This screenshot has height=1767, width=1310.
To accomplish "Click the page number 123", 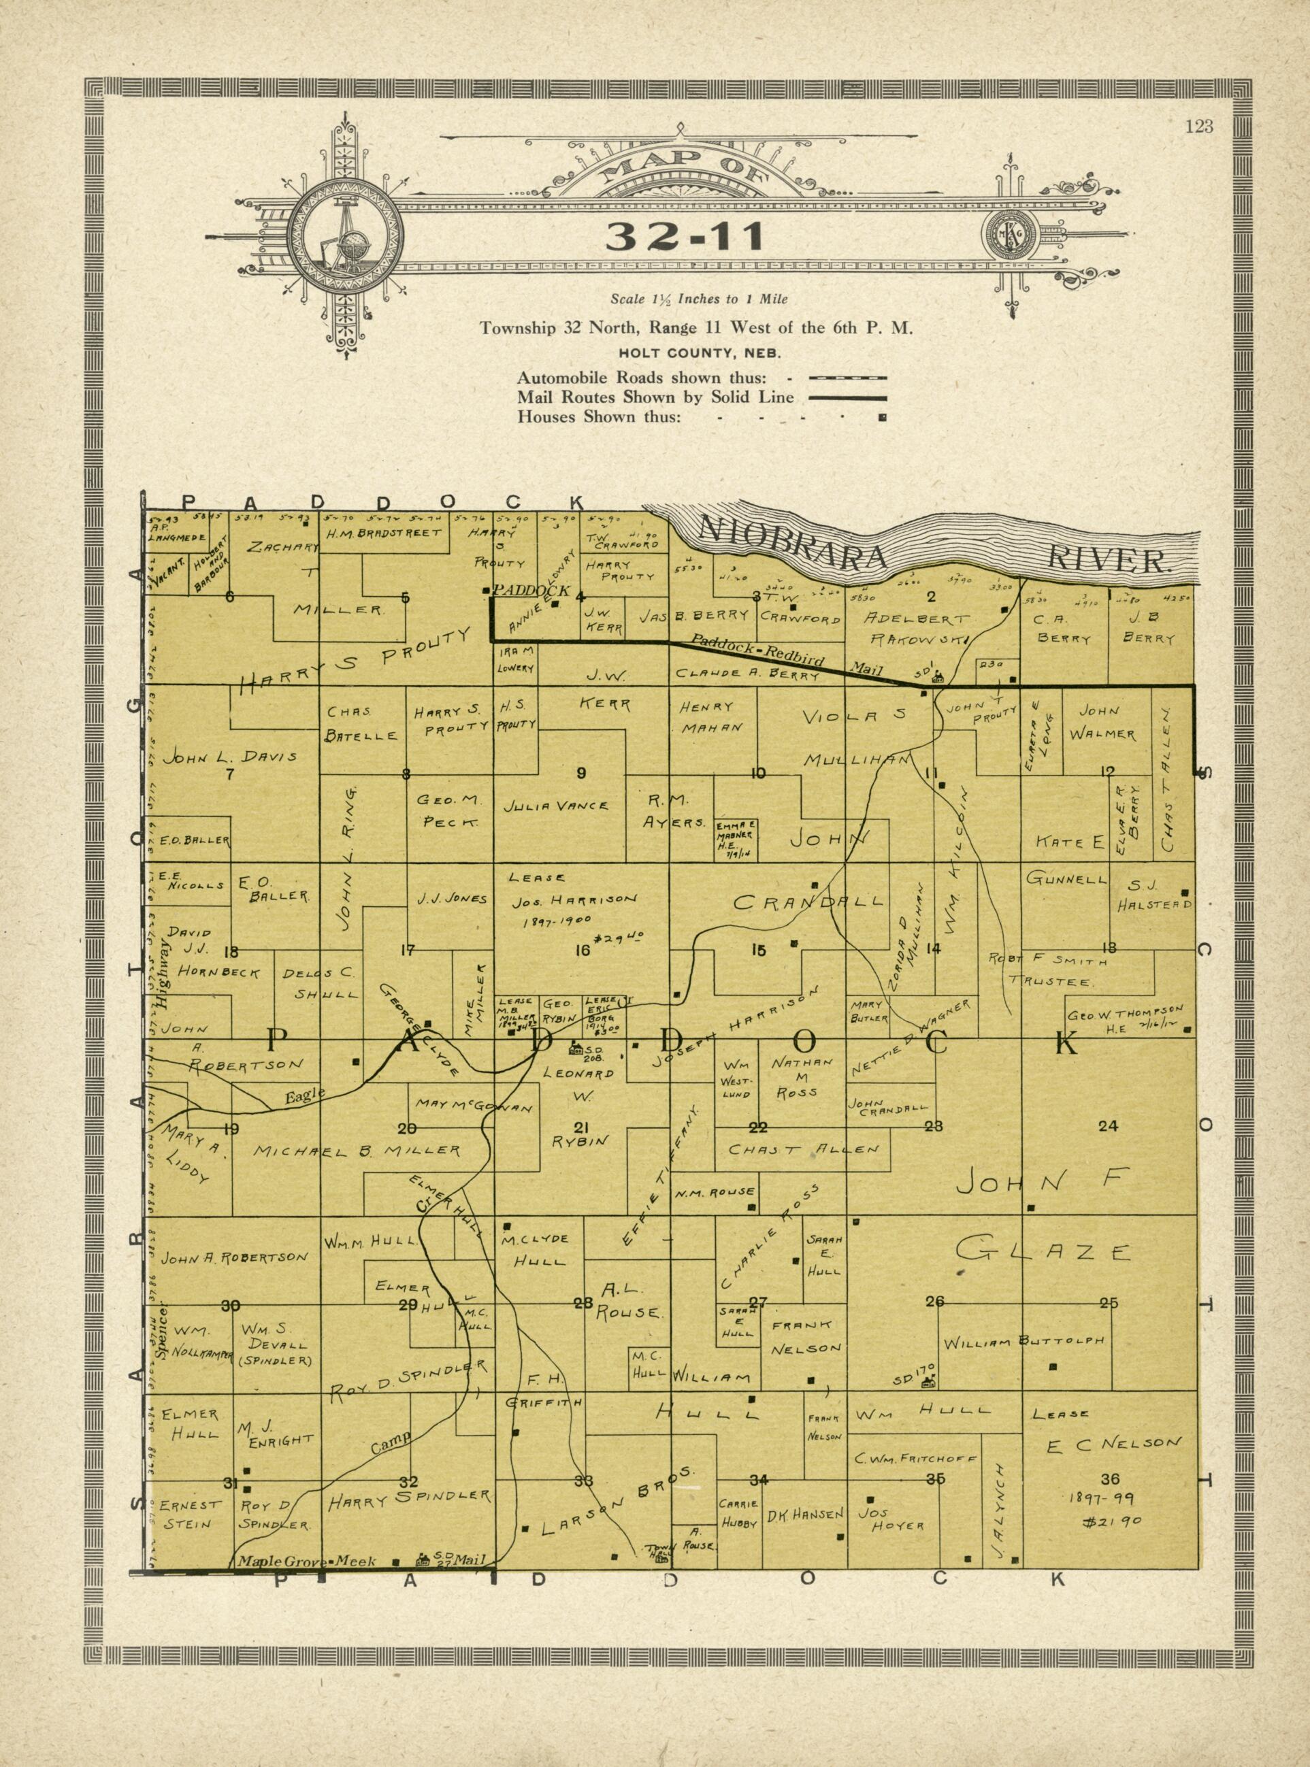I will click(1200, 125).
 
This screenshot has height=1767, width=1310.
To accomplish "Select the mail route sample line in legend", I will click(847, 398).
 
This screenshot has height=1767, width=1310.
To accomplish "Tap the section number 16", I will click(582, 951).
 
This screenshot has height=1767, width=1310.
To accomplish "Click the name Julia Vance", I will click(556, 806).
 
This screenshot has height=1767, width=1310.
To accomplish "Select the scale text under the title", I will click(699, 299).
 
